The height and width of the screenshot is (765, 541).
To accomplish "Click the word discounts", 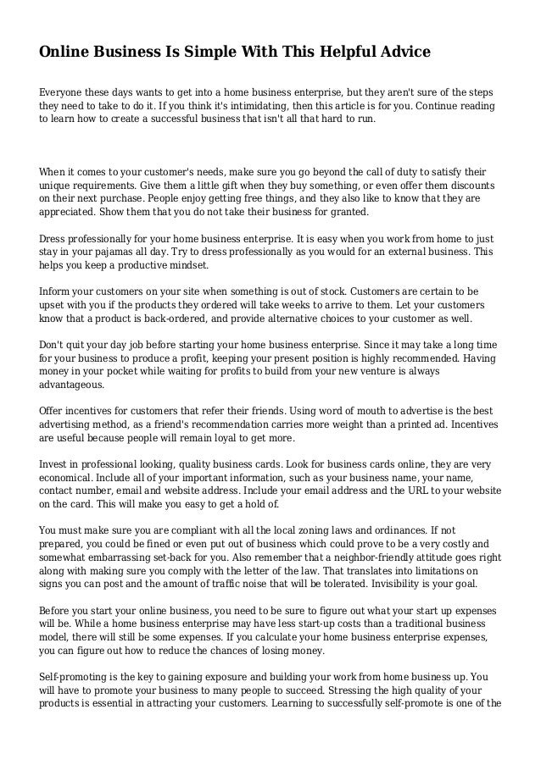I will point(471,184).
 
